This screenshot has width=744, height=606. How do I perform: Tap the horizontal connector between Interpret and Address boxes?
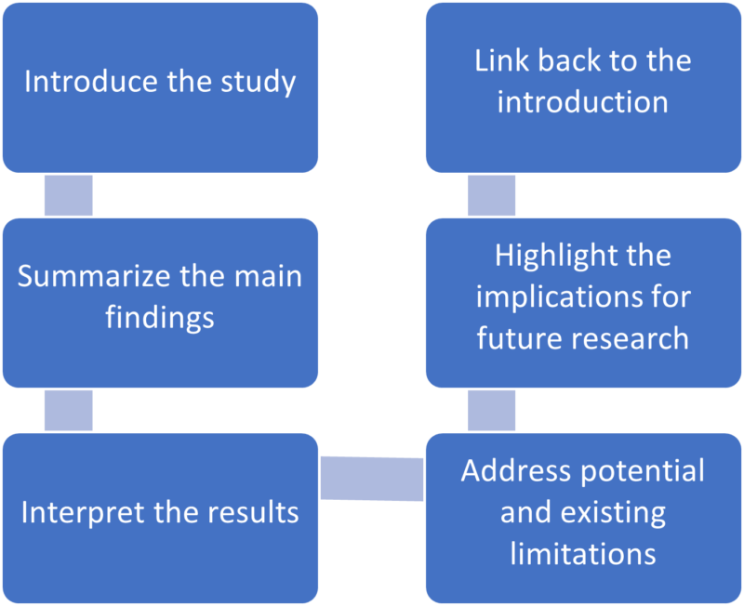tap(372, 478)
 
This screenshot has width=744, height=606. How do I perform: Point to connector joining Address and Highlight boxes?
tap(491, 410)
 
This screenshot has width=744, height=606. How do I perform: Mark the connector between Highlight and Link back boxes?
tap(491, 195)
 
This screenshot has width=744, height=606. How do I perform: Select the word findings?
tap(160, 318)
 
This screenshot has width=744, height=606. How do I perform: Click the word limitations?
tap(583, 554)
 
